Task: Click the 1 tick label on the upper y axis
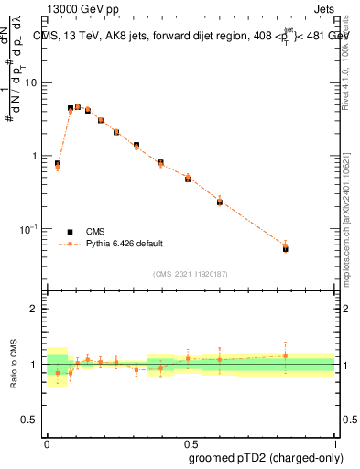click(x=36, y=156)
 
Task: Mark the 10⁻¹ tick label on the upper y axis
click(x=30, y=228)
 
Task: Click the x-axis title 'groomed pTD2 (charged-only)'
click(x=265, y=458)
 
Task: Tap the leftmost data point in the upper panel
click(x=58, y=164)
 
